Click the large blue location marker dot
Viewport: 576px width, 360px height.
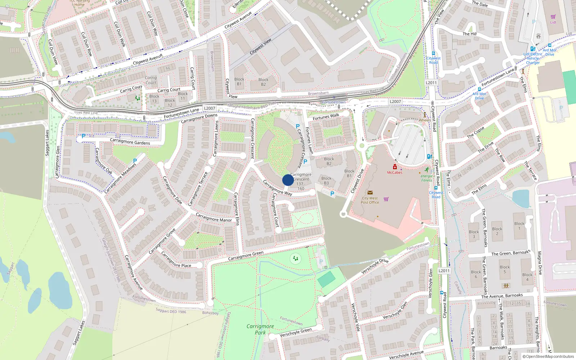tap(288, 180)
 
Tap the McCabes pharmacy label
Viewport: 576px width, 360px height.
tap(395, 172)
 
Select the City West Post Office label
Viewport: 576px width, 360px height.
tap(370, 200)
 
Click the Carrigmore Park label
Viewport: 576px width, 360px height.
tap(260, 329)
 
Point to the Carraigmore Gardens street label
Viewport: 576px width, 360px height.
tap(130, 141)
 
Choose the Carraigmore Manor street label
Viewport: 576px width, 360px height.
tap(213, 217)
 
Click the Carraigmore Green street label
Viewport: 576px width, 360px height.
tap(246, 256)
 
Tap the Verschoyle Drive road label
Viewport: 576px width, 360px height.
tap(375, 266)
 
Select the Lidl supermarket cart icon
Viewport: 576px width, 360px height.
tap(553, 17)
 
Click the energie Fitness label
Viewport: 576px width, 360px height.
tap(427, 178)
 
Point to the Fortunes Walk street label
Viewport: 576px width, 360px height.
tap(326, 117)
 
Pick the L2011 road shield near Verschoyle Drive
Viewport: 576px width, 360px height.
tap(444, 271)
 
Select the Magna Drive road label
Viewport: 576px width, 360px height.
tap(540, 263)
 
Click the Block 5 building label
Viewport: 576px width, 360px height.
tap(505, 269)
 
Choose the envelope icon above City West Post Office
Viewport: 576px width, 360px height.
tap(370, 193)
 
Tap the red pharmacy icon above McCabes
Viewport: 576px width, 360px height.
tap(395, 167)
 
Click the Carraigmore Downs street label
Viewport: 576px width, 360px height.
tap(199, 118)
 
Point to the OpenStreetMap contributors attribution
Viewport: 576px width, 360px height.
tap(548, 356)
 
